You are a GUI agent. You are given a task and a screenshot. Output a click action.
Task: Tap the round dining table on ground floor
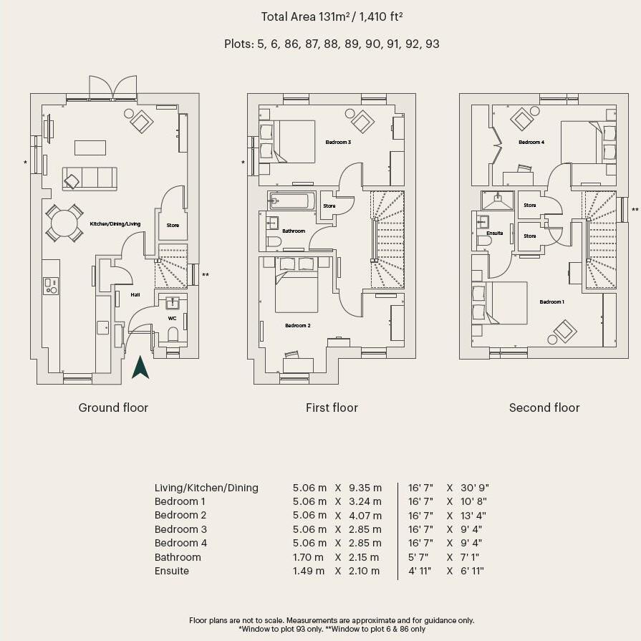point(64,223)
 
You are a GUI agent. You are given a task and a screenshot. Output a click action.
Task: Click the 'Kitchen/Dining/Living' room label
point(115,224)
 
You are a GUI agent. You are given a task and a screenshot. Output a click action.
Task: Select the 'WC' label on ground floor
point(172,318)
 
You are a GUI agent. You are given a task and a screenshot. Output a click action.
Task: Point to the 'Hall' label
point(135,294)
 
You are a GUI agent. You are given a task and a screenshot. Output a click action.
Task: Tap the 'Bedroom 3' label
point(338,143)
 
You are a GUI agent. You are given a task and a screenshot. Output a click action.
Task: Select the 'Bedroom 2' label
point(297,326)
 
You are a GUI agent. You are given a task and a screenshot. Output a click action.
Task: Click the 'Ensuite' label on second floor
point(494,233)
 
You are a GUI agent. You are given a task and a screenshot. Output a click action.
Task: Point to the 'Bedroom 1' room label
point(551,302)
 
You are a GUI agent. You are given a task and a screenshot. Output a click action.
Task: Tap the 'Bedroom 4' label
point(531,143)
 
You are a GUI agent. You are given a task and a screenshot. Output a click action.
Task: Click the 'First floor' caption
point(332,408)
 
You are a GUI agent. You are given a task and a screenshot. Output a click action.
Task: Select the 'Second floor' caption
point(544,408)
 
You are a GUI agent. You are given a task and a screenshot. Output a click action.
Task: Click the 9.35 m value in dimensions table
point(365,488)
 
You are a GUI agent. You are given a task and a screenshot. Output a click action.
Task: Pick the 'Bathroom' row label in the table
point(178,557)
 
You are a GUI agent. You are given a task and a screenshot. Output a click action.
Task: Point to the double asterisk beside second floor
point(635,210)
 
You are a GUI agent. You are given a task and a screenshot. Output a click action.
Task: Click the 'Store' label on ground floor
point(173,225)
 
